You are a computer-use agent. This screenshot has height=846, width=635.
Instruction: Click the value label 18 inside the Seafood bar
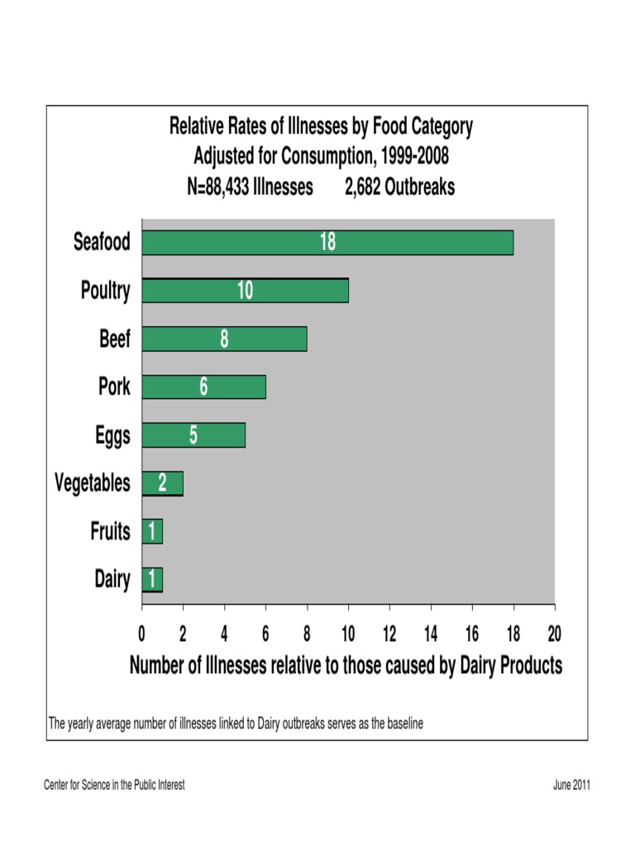[328, 242]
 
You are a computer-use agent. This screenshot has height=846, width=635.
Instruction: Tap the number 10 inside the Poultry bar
[245, 291]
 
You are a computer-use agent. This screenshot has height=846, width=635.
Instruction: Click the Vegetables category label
[93, 483]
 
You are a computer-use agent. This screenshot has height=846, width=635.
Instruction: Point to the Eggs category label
[112, 435]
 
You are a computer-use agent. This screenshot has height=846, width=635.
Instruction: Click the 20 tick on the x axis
[554, 634]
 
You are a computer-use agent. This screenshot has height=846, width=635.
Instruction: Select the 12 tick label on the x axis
[389, 634]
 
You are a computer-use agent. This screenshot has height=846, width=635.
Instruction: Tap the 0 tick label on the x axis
[142, 634]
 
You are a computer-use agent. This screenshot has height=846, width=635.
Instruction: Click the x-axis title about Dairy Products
[346, 665]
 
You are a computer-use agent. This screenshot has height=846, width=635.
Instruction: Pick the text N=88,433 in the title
[220, 188]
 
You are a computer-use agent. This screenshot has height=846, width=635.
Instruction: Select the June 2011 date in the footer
[571, 785]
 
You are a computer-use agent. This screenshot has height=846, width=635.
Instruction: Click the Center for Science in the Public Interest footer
[114, 785]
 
